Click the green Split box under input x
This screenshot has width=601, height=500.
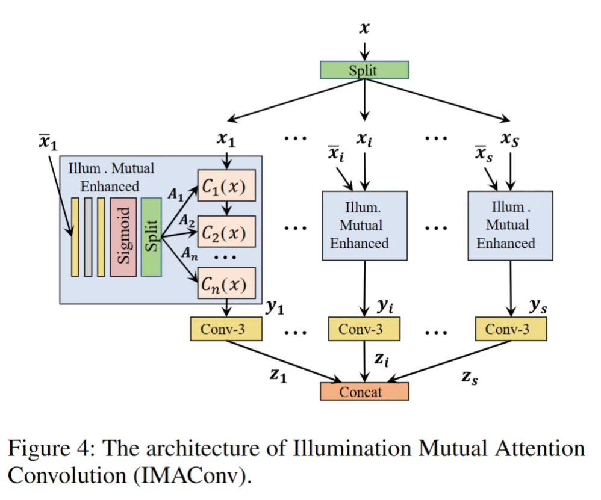click(x=364, y=70)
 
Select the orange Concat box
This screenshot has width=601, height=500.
click(x=364, y=392)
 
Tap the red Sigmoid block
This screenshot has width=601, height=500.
click(x=123, y=236)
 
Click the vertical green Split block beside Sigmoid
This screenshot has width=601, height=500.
click(x=151, y=236)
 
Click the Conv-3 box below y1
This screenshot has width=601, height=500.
click(x=226, y=329)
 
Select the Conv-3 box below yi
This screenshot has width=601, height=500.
click(x=364, y=329)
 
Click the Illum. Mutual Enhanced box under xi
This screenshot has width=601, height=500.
click(x=364, y=226)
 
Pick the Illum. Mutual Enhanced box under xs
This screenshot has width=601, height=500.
click(x=511, y=226)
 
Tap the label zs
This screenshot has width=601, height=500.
click(x=470, y=378)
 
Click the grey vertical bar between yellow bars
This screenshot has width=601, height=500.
click(x=89, y=236)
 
